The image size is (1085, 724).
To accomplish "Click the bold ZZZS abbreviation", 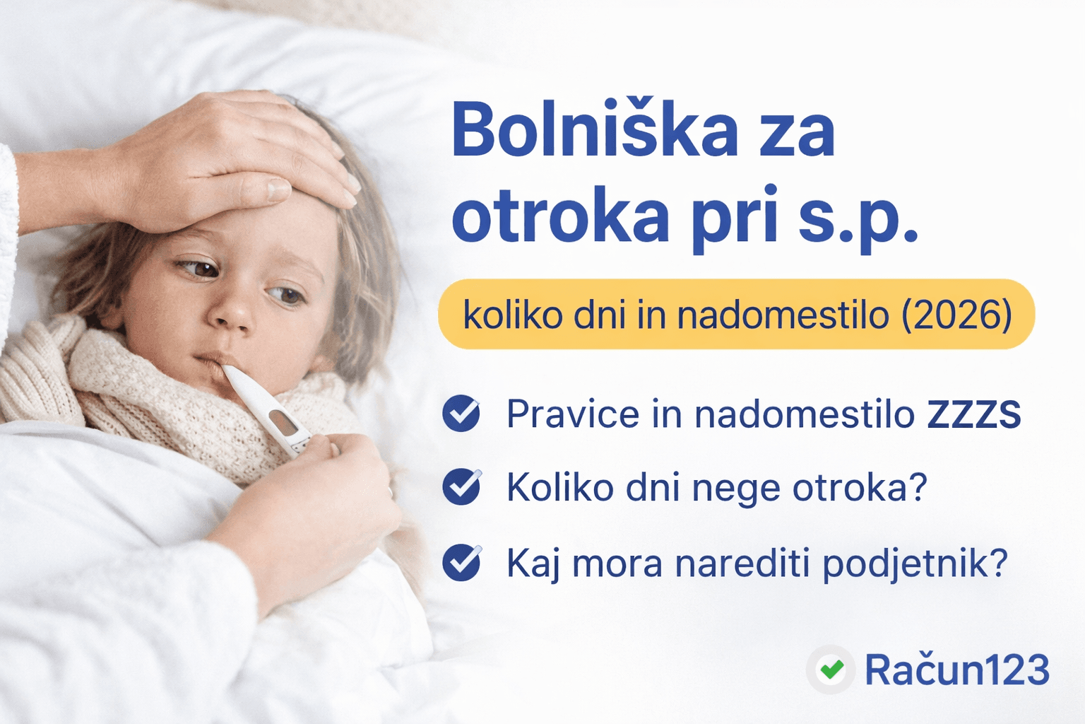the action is [x=973, y=414].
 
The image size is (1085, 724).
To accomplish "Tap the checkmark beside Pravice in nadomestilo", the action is [x=461, y=413].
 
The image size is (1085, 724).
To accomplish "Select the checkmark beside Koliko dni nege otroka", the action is [x=461, y=487].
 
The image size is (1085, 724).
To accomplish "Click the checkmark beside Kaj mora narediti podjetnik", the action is [x=461, y=562].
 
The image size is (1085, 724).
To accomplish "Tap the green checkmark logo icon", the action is [x=831, y=670].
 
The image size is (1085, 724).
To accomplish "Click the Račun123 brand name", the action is [x=957, y=670].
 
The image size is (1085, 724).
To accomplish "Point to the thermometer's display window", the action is [x=283, y=422].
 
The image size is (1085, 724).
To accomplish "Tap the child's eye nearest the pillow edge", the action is [x=286, y=293].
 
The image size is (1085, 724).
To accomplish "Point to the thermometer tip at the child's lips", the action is [x=227, y=371].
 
